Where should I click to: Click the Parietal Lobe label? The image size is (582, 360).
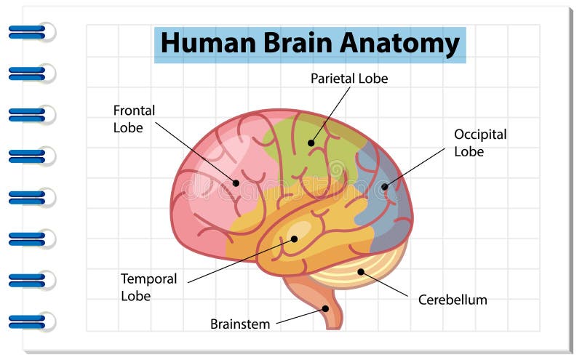point(349,79)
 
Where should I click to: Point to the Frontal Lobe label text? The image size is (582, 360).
point(134,119)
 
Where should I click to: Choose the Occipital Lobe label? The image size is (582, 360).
point(480,143)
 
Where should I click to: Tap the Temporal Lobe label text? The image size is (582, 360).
point(148,287)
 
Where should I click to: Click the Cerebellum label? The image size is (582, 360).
point(453,300)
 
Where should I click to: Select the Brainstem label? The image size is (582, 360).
point(240,324)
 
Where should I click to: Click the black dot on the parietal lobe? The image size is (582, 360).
point(311,143)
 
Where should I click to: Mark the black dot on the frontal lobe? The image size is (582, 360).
point(236,183)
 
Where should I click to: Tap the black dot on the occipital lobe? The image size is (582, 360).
point(384,187)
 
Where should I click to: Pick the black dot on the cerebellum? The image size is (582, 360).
point(360,272)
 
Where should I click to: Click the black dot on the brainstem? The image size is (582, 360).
point(326,308)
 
